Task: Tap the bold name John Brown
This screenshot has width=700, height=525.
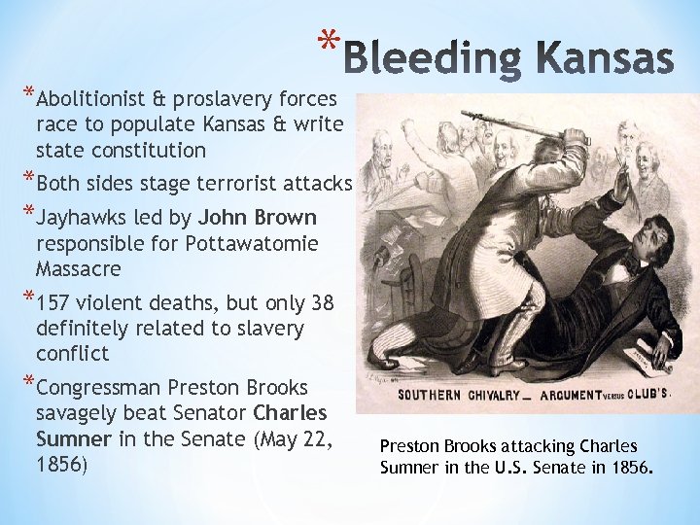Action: pyautogui.click(x=258, y=217)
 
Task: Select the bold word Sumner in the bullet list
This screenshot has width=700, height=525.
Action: pyautogui.click(x=74, y=438)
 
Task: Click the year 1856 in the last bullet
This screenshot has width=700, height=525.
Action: pyautogui.click(x=61, y=464)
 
